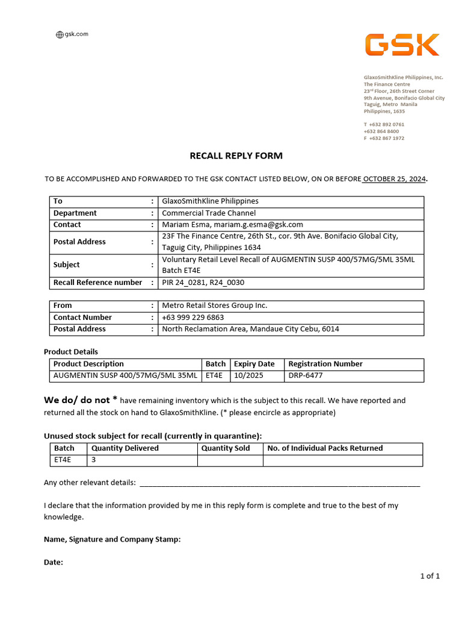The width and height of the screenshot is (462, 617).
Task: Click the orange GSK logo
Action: click(402, 45)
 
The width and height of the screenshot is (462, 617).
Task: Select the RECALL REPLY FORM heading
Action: click(236, 155)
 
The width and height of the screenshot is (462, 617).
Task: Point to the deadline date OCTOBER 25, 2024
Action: click(394, 179)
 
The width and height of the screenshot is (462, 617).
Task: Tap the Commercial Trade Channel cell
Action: click(209, 213)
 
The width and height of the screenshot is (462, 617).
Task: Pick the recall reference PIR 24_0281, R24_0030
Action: click(203, 283)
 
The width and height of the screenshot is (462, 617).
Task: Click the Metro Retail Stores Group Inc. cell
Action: click(215, 305)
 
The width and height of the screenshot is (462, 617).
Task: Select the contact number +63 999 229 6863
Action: click(192, 318)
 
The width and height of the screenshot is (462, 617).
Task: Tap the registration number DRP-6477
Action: click(306, 376)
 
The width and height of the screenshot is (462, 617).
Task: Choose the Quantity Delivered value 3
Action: click(94, 460)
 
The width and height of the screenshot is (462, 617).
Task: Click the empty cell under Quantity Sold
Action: click(230, 460)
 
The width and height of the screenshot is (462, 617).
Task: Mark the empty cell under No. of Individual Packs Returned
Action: click(342, 460)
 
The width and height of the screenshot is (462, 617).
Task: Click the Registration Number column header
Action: click(325, 364)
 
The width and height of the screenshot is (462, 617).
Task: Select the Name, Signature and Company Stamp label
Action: click(112, 539)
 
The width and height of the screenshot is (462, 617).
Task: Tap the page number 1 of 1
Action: click(430, 576)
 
